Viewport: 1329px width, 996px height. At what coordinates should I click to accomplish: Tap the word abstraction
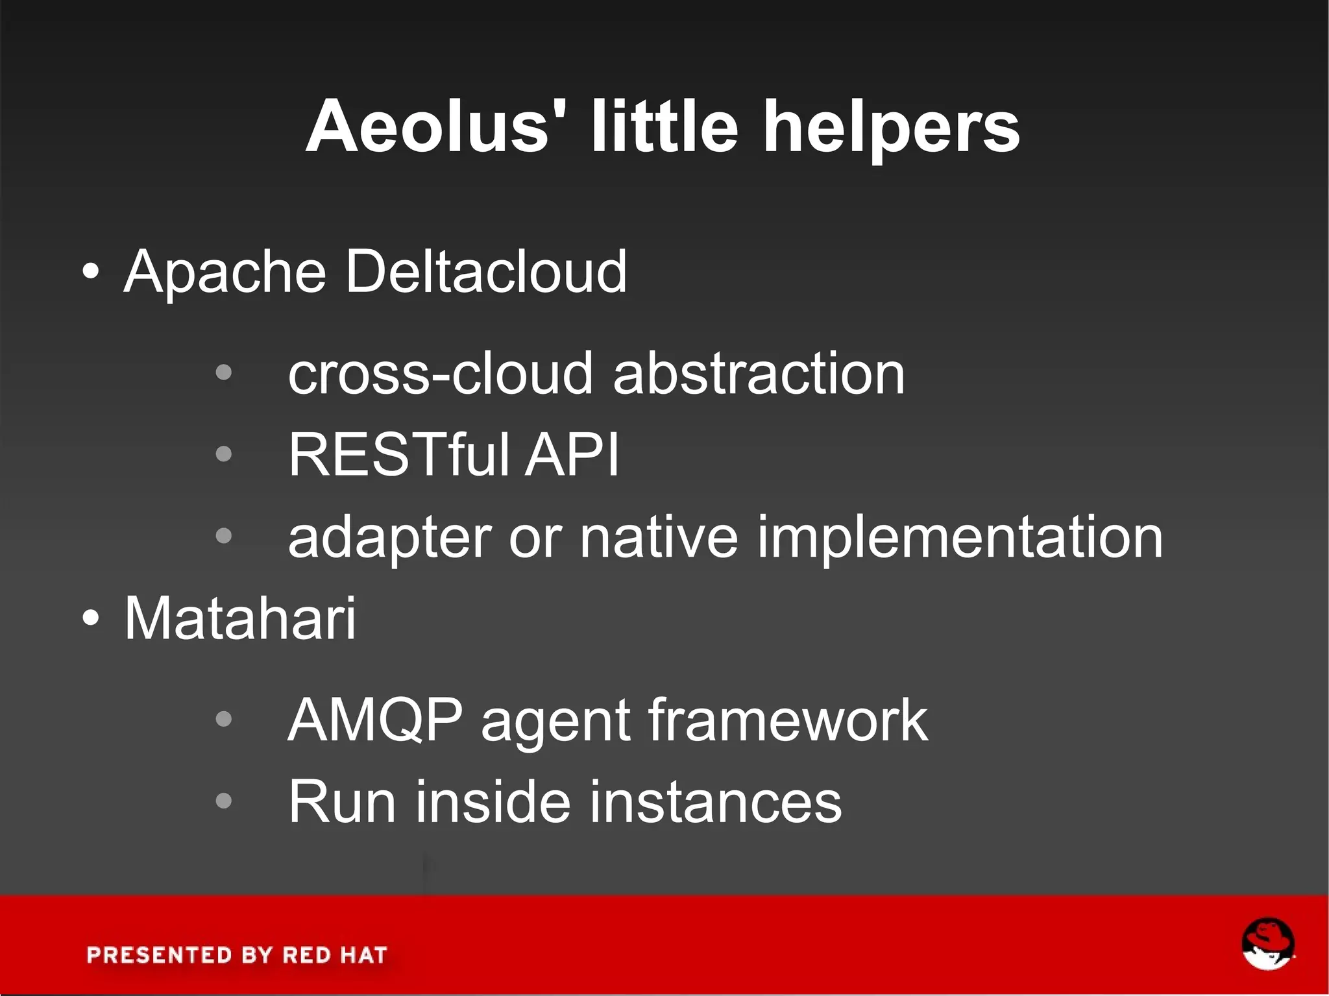coord(759,374)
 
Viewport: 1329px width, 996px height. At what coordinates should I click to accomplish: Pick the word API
coord(572,455)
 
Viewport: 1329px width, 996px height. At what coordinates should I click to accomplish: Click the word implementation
coord(960,537)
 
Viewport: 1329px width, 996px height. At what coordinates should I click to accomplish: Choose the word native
coord(659,537)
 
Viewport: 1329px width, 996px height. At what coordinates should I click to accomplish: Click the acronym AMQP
coord(375,720)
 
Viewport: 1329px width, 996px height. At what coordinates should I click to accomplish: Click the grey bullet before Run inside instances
coord(223,801)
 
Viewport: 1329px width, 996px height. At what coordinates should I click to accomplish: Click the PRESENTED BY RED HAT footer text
coord(237,955)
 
